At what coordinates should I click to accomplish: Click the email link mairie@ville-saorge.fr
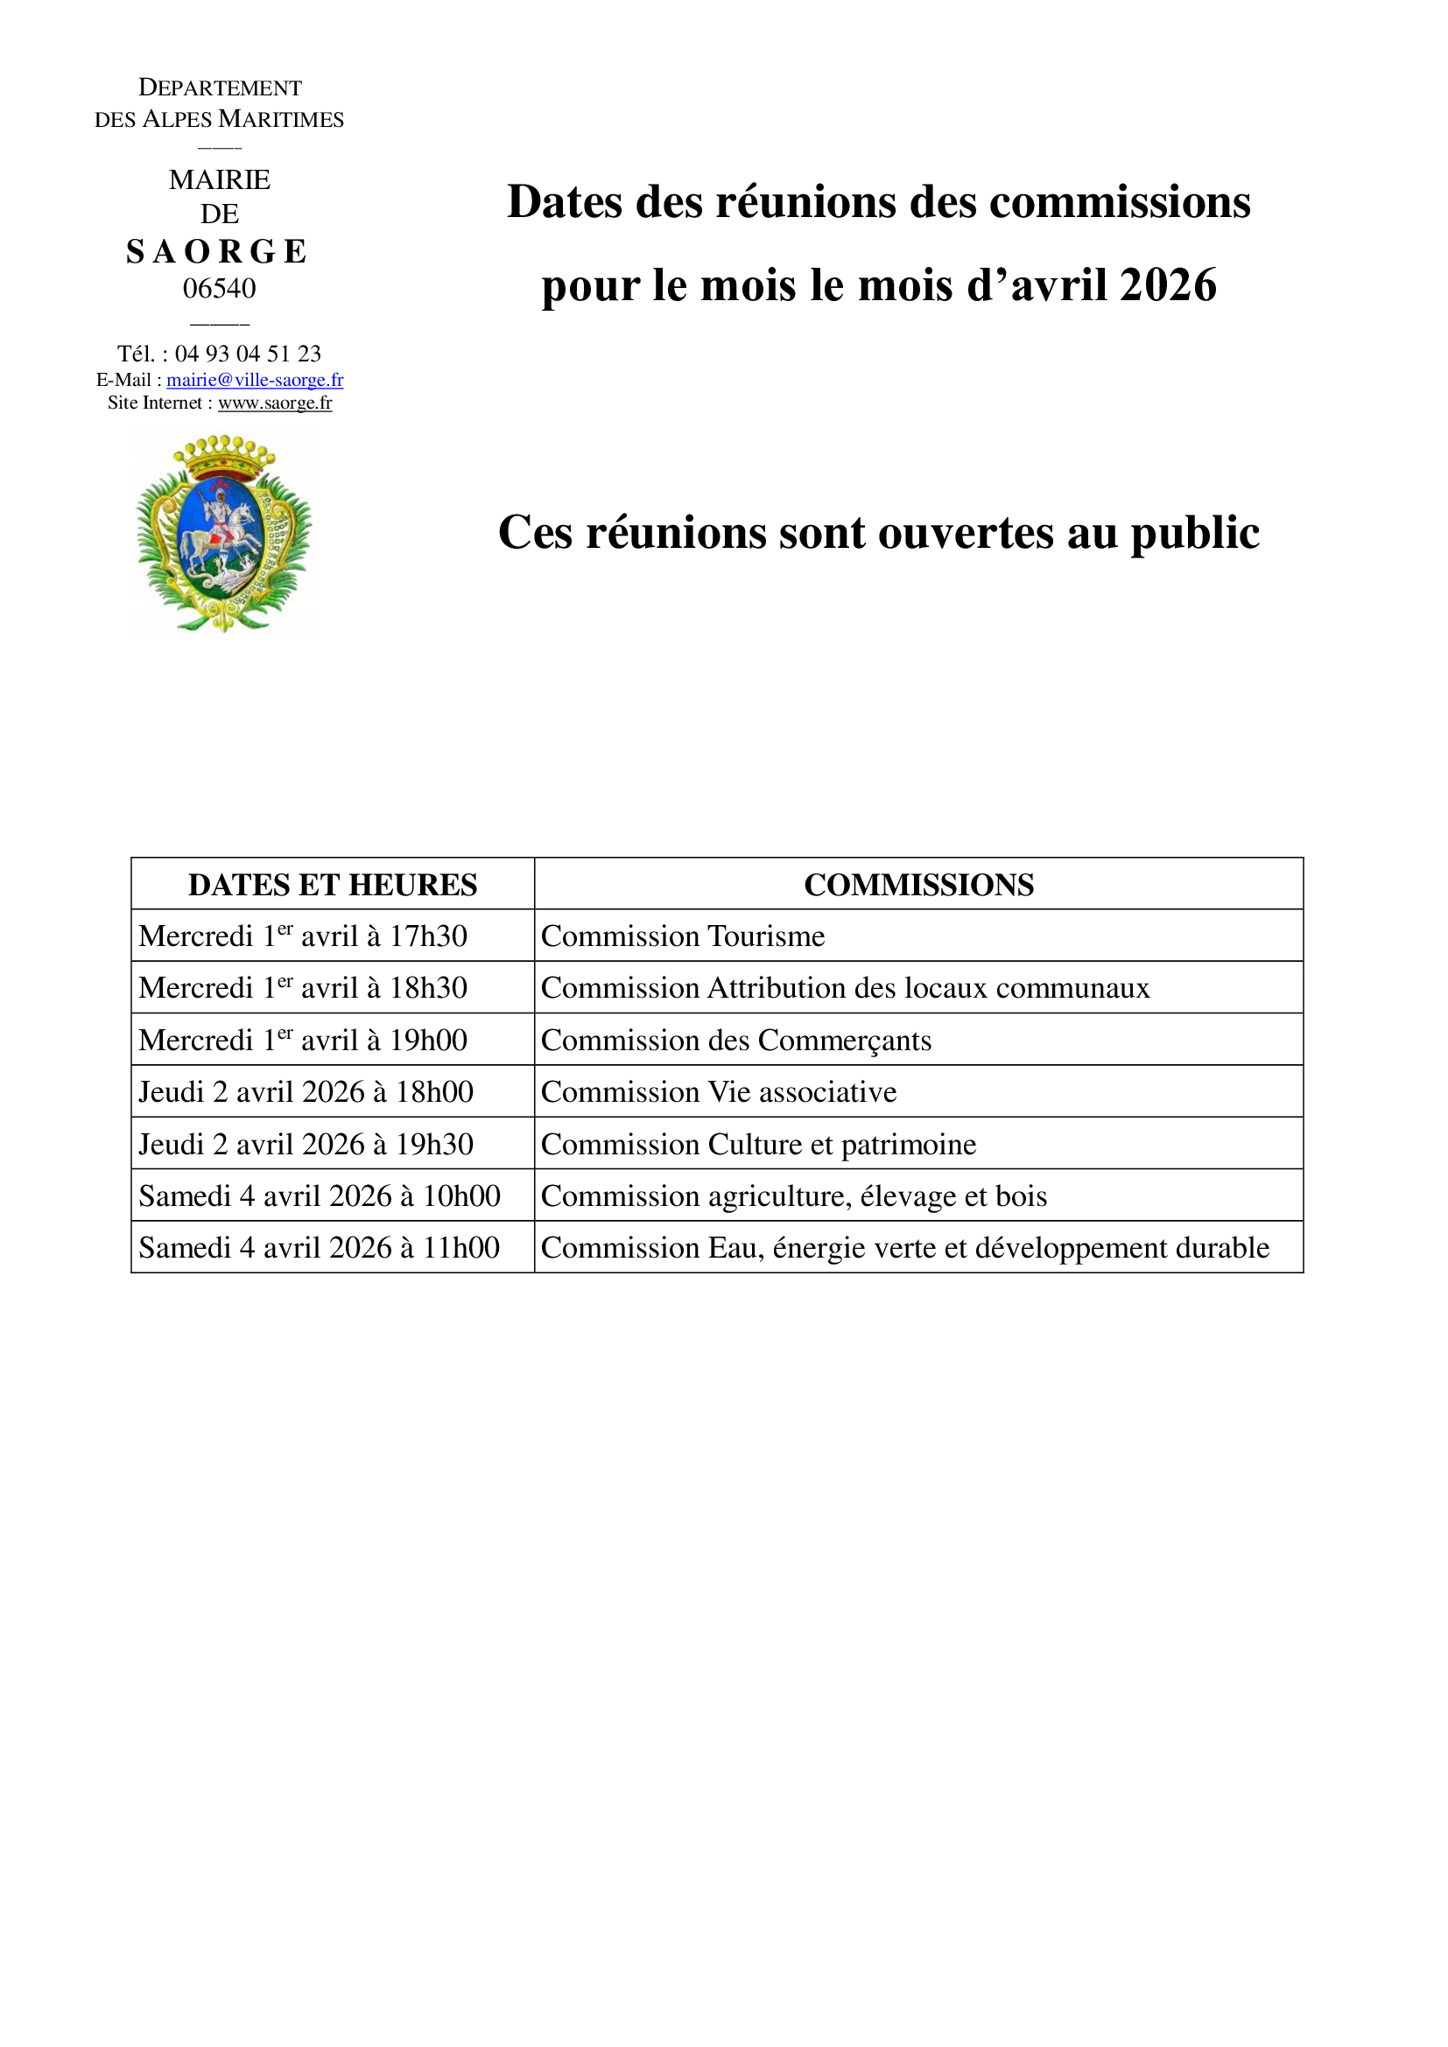click(x=254, y=380)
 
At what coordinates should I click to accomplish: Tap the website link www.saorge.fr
click(x=275, y=403)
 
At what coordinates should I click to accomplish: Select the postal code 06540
click(x=220, y=288)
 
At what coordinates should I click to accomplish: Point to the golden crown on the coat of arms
click(x=224, y=456)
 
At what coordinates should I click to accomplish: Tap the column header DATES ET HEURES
click(x=333, y=885)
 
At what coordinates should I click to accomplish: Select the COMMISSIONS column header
click(x=918, y=885)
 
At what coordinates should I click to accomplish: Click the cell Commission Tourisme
click(x=683, y=936)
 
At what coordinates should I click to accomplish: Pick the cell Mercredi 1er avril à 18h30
click(x=303, y=988)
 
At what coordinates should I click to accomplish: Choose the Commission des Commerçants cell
click(x=735, y=1041)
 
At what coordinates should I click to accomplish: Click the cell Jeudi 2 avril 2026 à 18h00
click(x=306, y=1092)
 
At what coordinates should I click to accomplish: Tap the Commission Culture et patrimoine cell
click(x=758, y=1144)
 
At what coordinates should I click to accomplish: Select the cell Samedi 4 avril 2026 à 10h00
click(x=320, y=1195)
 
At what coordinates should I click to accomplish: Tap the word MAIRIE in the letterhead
click(x=220, y=180)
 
